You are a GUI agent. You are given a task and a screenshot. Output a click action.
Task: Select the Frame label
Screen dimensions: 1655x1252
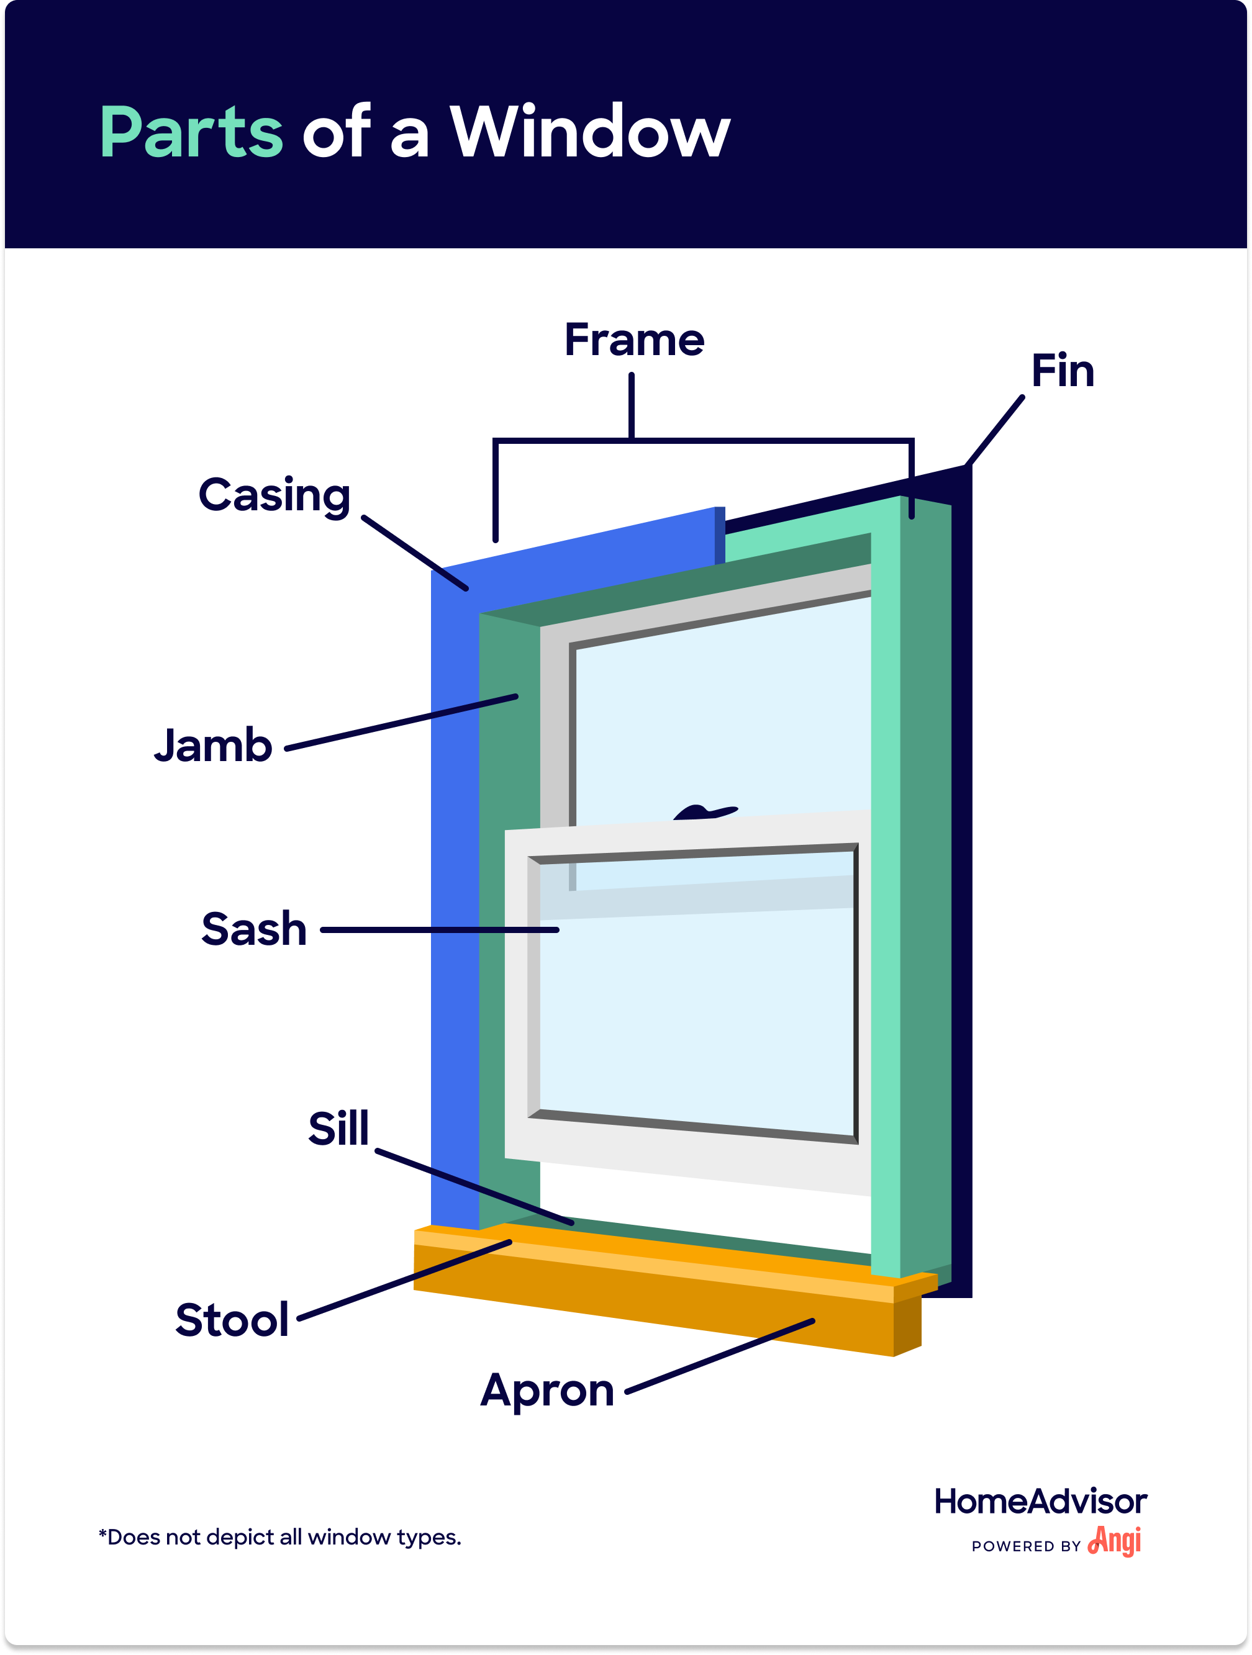click(x=634, y=340)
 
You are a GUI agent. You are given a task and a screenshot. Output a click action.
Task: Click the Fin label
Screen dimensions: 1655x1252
click(x=1062, y=371)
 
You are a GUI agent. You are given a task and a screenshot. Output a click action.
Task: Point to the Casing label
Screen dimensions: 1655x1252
click(x=274, y=496)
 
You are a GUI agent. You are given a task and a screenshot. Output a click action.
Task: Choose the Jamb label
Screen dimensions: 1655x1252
click(x=213, y=746)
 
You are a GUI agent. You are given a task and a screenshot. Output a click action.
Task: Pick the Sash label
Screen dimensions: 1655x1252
click(x=254, y=929)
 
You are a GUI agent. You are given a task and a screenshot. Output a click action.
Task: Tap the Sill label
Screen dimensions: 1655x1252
click(x=338, y=1129)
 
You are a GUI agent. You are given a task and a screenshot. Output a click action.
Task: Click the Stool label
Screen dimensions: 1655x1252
click(x=232, y=1319)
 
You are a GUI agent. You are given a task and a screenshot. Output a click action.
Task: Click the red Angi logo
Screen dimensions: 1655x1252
click(x=1114, y=1541)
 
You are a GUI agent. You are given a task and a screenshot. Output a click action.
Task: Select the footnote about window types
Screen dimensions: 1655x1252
click(x=280, y=1538)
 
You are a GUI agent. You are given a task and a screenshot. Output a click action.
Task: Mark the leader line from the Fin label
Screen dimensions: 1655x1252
click(x=994, y=431)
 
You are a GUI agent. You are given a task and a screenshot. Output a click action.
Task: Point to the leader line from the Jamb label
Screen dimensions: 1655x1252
click(x=401, y=723)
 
